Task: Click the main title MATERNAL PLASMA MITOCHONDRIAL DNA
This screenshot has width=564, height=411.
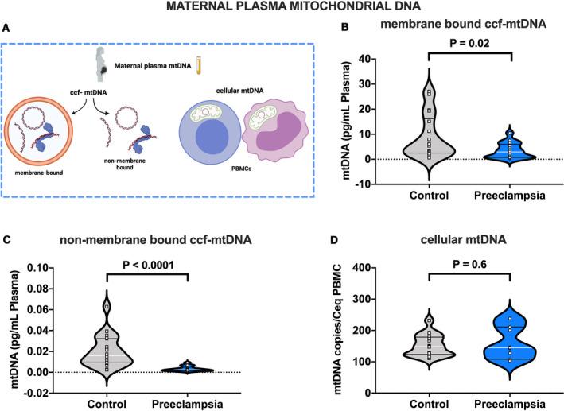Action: pos(281,8)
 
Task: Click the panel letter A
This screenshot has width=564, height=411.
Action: pos(8,29)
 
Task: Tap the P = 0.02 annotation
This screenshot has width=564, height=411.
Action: pos(469,46)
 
